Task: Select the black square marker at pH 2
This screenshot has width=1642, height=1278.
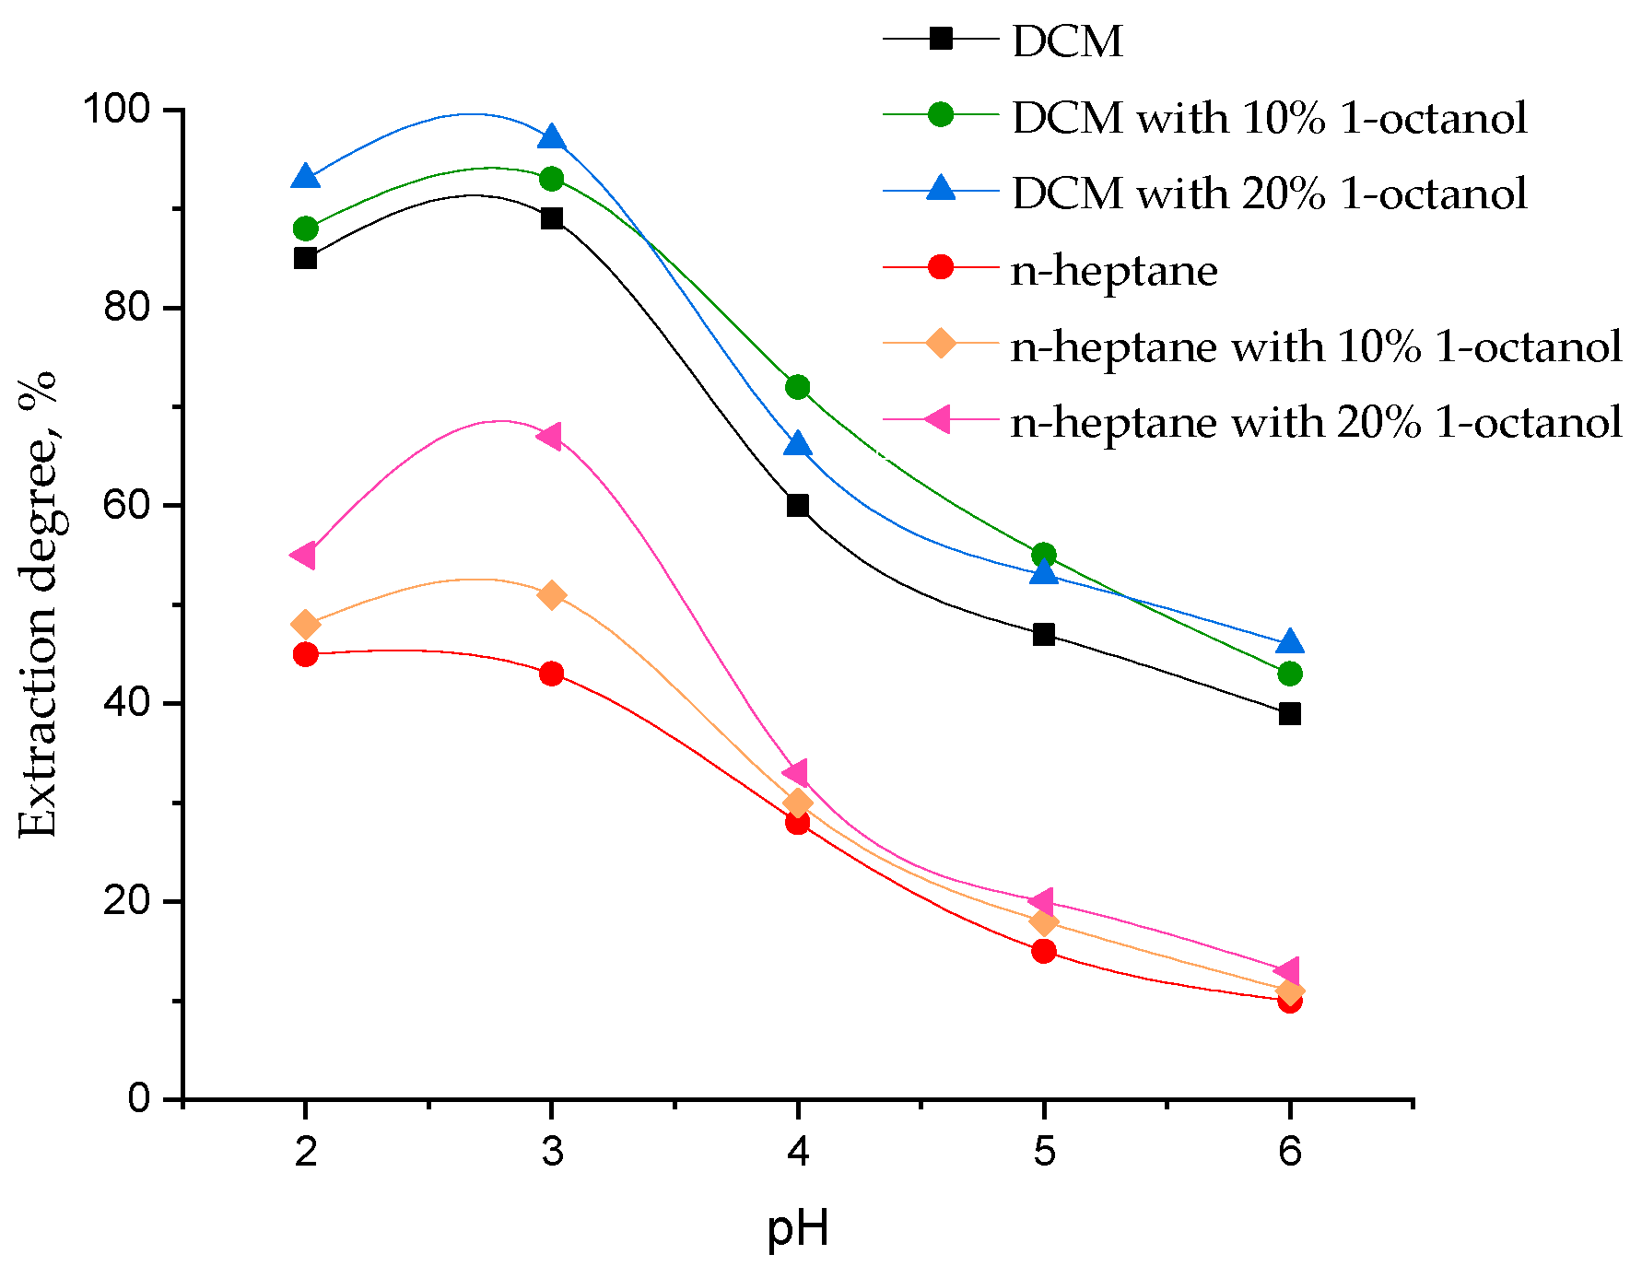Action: (x=306, y=258)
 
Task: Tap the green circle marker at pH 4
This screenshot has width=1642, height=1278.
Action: (x=798, y=387)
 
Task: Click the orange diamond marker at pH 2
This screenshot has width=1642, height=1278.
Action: (x=306, y=625)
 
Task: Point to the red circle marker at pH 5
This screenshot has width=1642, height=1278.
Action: (x=1044, y=951)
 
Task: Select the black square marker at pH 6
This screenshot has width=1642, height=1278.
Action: (x=1290, y=714)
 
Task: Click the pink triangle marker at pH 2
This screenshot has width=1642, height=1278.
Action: (x=304, y=556)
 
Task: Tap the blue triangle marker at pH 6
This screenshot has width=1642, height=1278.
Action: (x=1290, y=642)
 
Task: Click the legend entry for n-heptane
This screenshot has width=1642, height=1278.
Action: (x=1114, y=270)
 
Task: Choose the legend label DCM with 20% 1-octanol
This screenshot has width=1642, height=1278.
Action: (x=1269, y=193)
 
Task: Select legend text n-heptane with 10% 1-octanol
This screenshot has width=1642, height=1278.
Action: (x=1316, y=346)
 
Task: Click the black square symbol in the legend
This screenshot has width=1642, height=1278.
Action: (x=941, y=40)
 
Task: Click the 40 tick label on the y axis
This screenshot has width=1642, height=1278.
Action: (x=126, y=704)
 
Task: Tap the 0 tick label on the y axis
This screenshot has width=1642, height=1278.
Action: (x=139, y=1099)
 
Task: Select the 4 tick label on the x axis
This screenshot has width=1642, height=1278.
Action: (x=798, y=1152)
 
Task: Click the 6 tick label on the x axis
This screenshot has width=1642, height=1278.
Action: (x=1290, y=1152)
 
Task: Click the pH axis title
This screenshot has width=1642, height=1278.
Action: (x=798, y=1228)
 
